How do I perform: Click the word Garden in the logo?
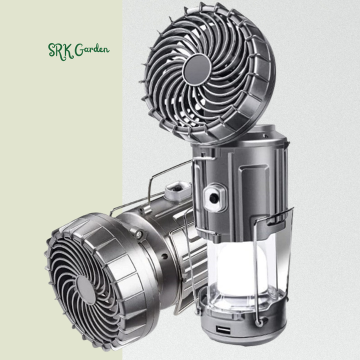click(x=92, y=49)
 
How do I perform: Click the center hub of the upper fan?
click(x=197, y=70)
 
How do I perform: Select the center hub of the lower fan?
click(x=85, y=290)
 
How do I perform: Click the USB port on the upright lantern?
click(x=223, y=331)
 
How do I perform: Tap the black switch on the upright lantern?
click(x=214, y=197)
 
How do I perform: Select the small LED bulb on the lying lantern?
click(x=138, y=234)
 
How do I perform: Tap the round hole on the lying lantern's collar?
click(x=164, y=256)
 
